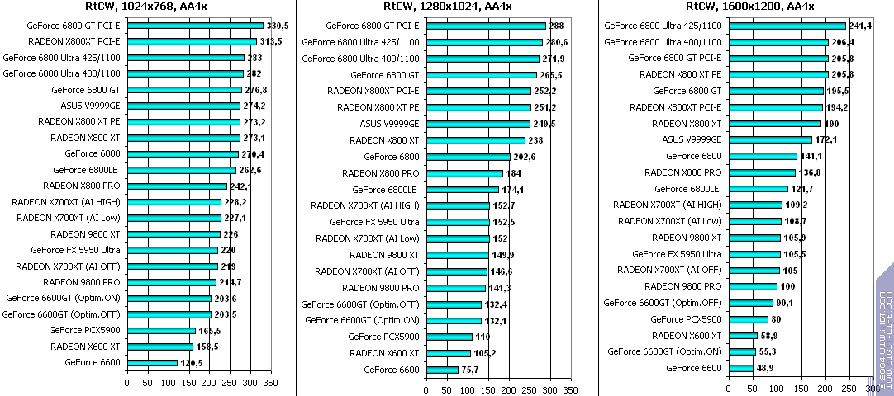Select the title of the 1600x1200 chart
coord(750,7)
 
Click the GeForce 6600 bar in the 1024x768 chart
coord(152,362)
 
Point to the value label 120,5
coord(193,363)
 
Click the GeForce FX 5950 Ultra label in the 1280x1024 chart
coord(374,222)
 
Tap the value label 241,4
coord(862,26)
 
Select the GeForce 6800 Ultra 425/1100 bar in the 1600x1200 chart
coord(787,26)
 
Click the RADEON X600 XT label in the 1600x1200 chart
coord(687,336)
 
